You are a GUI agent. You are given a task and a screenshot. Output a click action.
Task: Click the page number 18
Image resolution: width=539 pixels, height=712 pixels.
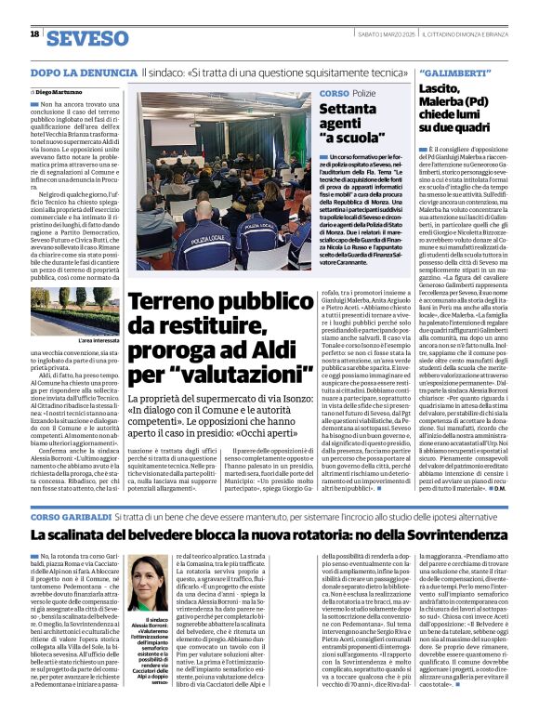point(34,34)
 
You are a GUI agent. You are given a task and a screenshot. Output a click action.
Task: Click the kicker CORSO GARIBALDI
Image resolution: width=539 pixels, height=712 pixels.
point(69,516)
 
